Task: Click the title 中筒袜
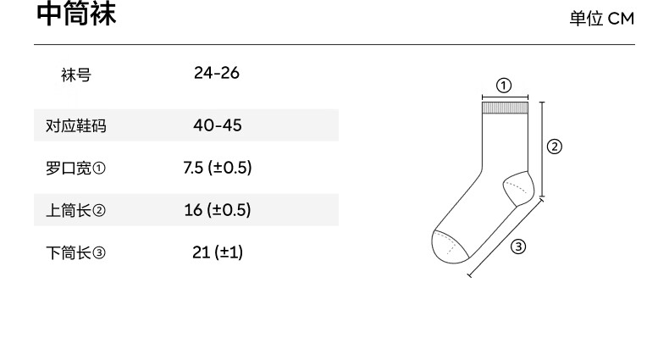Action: coord(76,14)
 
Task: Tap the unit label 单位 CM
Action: coord(601,19)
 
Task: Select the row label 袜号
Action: coord(76,75)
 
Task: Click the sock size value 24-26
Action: coord(217,73)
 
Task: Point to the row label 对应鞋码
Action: coord(76,126)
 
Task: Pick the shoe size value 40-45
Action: coord(217,125)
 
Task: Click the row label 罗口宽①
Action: coord(75,168)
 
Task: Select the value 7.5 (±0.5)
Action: coord(217,168)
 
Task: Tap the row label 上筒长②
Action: coord(75,210)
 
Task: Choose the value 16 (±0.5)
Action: coord(217,210)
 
